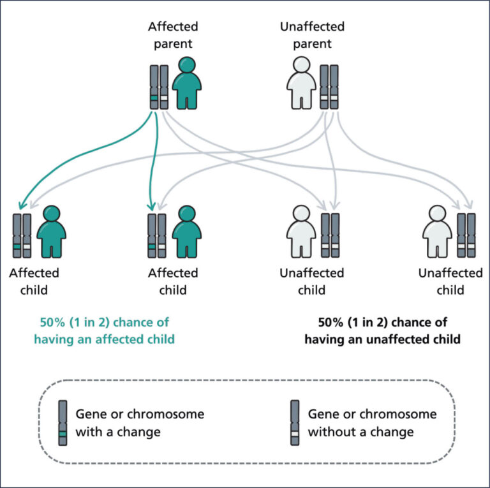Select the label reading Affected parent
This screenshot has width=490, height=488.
pyautogui.click(x=173, y=36)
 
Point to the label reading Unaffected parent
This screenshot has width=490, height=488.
pyautogui.click(x=312, y=36)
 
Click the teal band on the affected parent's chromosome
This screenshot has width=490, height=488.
pyautogui.click(x=154, y=98)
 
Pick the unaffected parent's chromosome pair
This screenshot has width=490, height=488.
pyautogui.click(x=329, y=87)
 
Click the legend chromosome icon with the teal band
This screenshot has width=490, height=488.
pyautogui.click(x=63, y=422)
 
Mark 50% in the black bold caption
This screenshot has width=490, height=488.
pyautogui.click(x=332, y=322)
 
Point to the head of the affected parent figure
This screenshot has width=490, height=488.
pyautogui.click(x=186, y=66)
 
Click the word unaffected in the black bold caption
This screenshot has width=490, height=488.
pyautogui.click(x=396, y=339)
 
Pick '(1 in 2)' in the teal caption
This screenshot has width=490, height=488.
pyautogui.click(x=92, y=322)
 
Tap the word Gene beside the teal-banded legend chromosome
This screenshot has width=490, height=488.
pyautogui.click(x=91, y=414)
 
